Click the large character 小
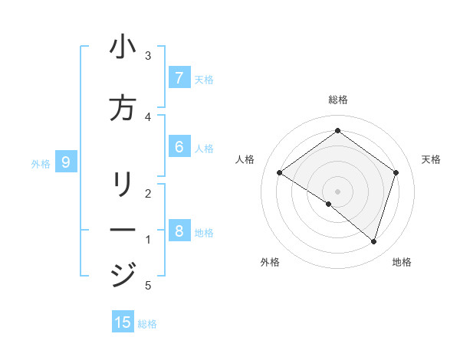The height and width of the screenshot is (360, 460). tap(123, 48)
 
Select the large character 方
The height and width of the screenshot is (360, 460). tap(123, 109)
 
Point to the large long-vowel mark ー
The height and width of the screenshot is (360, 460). tap(123, 230)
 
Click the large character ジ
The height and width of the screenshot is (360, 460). tap(123, 274)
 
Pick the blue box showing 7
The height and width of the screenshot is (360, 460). tap(179, 78)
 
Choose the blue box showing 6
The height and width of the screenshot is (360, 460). tap(179, 147)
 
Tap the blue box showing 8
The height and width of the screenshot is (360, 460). tap(179, 231)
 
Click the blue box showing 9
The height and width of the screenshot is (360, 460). tap(67, 162)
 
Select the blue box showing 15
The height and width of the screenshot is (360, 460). tap(123, 322)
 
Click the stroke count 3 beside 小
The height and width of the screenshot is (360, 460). tap(148, 56)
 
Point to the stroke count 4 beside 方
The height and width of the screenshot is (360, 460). tap(148, 116)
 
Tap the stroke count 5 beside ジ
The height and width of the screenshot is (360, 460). tap(148, 286)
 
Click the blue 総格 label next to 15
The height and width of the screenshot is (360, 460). tap(147, 324)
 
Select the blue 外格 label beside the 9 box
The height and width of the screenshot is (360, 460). tap(41, 163)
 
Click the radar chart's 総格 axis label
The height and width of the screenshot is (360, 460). tap(338, 100)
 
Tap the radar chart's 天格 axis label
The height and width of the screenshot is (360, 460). tap(431, 159)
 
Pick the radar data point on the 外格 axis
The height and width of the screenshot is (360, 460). tap(329, 205)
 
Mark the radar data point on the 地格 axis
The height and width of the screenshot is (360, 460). tap(373, 242)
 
